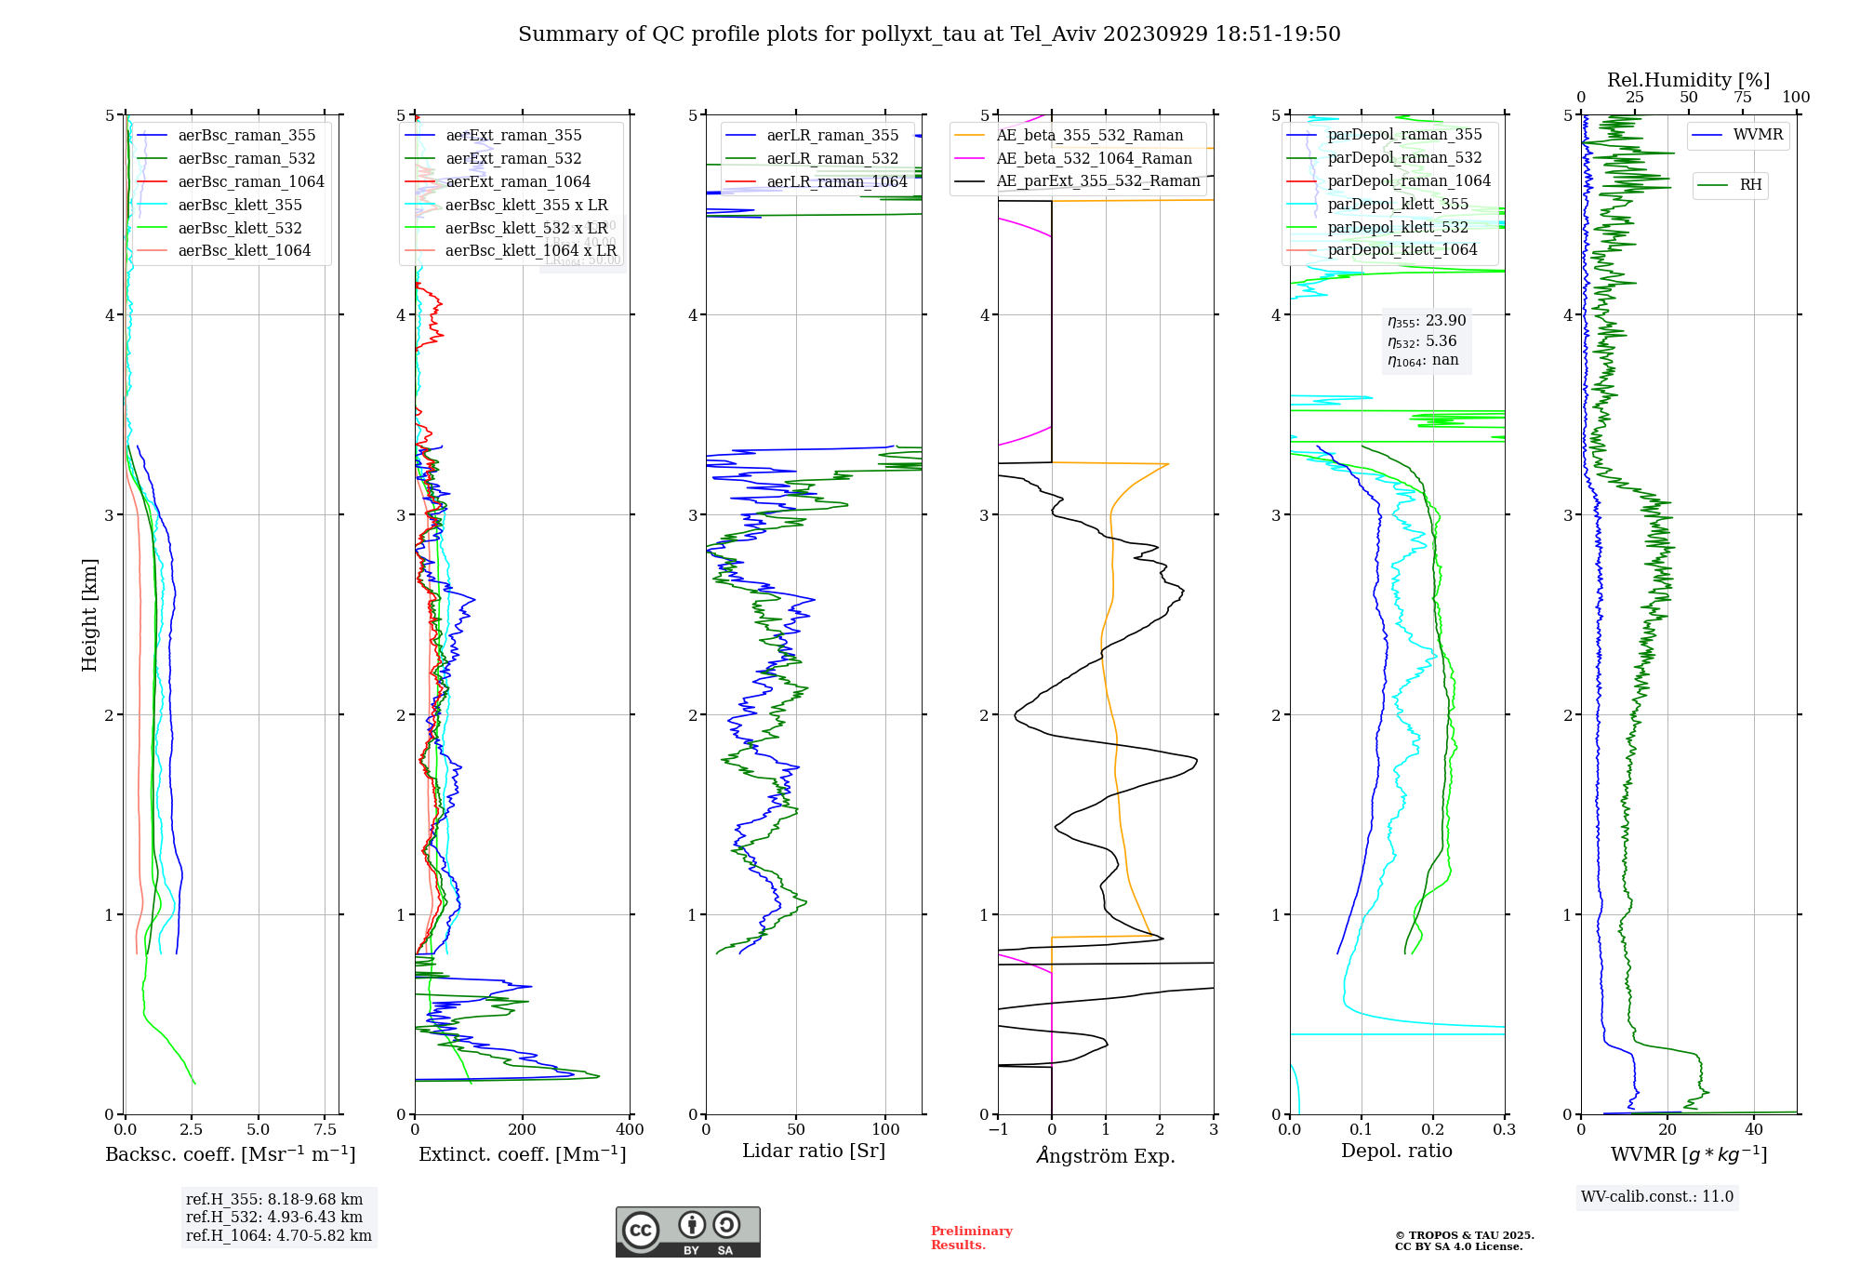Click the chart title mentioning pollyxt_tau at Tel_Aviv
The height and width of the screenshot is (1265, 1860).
click(929, 34)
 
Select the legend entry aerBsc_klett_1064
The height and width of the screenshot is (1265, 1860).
click(244, 251)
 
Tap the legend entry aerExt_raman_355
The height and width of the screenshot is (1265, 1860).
click(513, 136)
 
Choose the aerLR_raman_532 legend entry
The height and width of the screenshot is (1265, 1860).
click(832, 159)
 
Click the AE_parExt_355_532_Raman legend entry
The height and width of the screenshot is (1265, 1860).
click(1097, 181)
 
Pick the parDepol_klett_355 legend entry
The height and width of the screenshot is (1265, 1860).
click(1398, 205)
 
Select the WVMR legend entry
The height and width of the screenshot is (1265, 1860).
click(1758, 135)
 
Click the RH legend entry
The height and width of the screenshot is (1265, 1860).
click(1750, 185)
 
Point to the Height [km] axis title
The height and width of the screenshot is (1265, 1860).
click(89, 615)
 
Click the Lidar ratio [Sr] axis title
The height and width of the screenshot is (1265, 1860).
click(814, 1152)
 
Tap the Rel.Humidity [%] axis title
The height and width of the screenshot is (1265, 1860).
click(1688, 80)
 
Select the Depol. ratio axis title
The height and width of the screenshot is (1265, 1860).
click(1396, 1152)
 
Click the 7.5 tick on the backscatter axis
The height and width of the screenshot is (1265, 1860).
click(325, 1130)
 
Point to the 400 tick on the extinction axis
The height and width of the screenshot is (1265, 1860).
click(631, 1130)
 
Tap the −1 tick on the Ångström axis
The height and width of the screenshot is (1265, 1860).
click(998, 1130)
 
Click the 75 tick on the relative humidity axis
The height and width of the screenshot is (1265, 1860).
click(1742, 98)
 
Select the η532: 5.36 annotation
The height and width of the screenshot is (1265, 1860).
click(1422, 341)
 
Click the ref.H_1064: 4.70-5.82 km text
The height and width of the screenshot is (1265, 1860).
click(278, 1236)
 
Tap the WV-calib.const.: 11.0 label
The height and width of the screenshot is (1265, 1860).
click(1657, 1197)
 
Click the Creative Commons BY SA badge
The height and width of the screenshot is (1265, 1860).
click(687, 1232)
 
